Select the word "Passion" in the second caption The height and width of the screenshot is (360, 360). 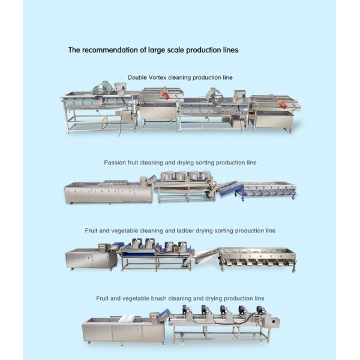tap(115, 163)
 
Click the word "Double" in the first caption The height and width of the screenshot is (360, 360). tap(136, 78)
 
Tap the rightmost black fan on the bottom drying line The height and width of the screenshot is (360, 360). tap(260, 311)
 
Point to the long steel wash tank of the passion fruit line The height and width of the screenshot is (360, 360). tap(108, 192)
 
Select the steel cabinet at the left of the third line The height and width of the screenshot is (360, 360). tap(90, 259)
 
